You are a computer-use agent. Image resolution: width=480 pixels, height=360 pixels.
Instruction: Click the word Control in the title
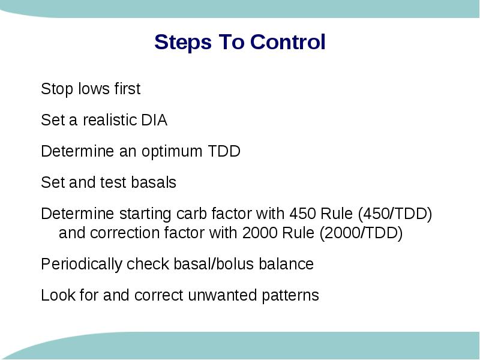pyautogui.click(x=288, y=41)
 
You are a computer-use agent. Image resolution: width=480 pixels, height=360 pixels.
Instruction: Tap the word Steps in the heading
pyautogui.click(x=183, y=43)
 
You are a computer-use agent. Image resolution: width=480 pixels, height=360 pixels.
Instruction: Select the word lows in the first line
pyautogui.click(x=94, y=89)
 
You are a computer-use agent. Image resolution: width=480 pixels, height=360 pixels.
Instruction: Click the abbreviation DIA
pyautogui.click(x=154, y=119)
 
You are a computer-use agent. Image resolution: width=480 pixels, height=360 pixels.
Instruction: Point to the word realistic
pyautogui.click(x=110, y=119)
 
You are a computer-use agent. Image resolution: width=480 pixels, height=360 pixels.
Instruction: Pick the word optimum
pyautogui.click(x=172, y=151)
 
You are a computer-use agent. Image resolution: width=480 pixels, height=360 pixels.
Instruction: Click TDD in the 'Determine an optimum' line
pyautogui.click(x=224, y=151)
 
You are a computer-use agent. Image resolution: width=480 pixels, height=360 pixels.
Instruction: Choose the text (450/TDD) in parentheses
pyautogui.click(x=395, y=214)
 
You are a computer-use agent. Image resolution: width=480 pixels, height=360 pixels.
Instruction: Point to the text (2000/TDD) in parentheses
pyautogui.click(x=361, y=233)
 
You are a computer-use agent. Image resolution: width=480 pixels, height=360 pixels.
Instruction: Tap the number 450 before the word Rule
pyautogui.click(x=302, y=214)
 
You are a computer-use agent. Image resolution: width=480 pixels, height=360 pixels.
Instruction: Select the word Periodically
pyautogui.click(x=81, y=264)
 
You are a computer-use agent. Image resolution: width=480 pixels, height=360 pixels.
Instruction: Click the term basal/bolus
pyautogui.click(x=214, y=264)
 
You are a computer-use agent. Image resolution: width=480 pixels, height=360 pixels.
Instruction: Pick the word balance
pyautogui.click(x=286, y=264)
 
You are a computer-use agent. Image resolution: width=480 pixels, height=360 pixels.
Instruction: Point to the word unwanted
pyautogui.click(x=222, y=295)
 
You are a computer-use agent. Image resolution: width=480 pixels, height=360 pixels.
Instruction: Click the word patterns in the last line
pyautogui.click(x=290, y=296)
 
